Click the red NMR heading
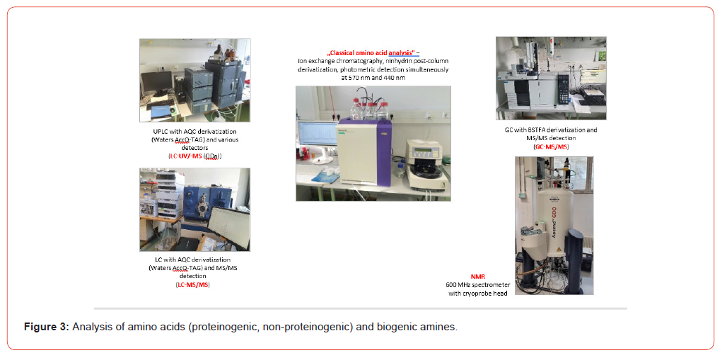coord(478,277)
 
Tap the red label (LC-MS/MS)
coord(193,284)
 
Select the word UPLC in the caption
coord(162,132)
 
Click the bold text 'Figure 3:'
coord(46,327)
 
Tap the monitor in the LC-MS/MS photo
coord(228,228)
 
